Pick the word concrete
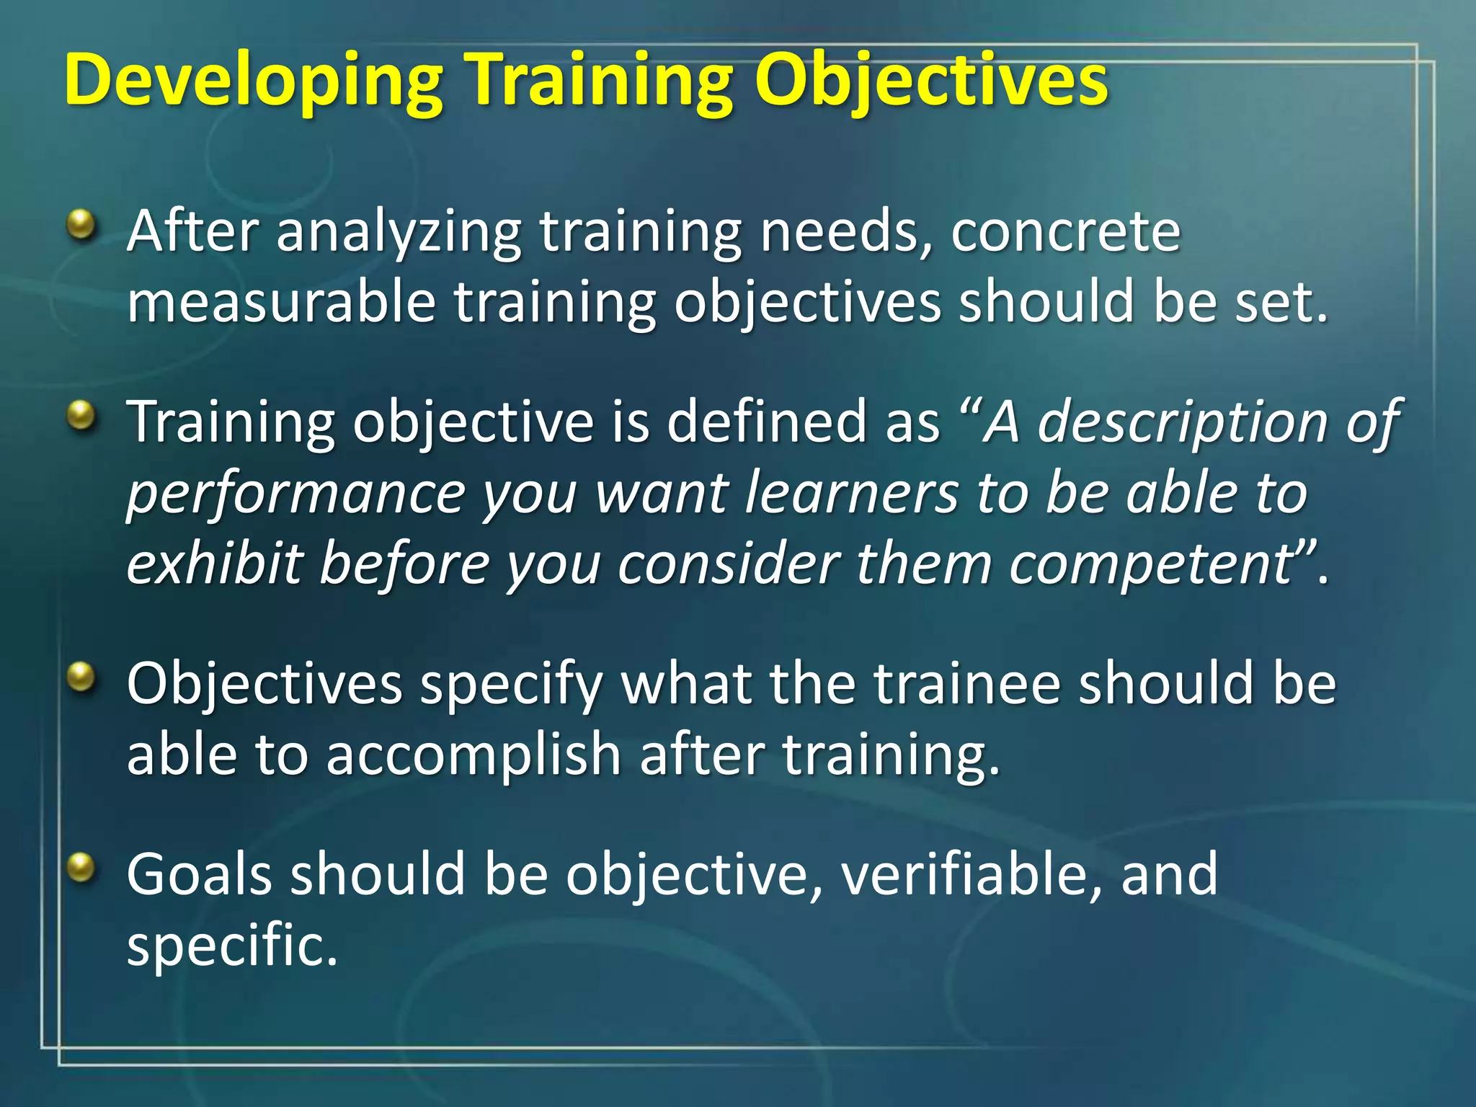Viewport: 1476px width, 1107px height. click(1065, 232)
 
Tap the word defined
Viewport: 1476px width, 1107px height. click(767, 422)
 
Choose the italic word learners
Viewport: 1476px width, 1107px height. click(851, 493)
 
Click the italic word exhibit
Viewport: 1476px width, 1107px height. click(214, 564)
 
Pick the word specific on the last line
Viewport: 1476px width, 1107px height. click(231, 946)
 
